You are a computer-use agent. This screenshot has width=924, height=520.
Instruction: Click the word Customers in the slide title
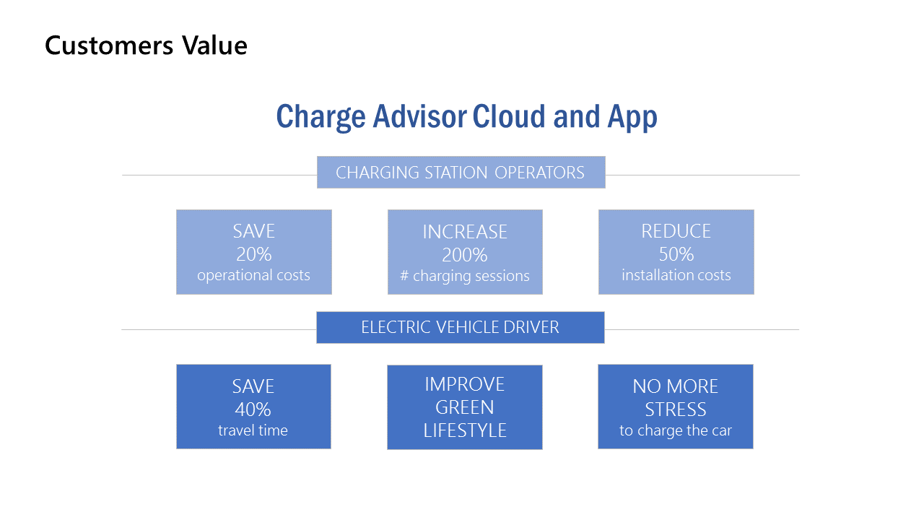tap(109, 45)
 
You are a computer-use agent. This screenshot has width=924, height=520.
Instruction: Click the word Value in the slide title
tap(215, 45)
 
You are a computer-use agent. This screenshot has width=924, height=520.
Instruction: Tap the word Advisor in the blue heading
tap(419, 116)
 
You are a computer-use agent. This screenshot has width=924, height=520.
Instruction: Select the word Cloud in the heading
tap(510, 116)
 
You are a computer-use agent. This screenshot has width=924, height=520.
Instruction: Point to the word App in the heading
tap(632, 118)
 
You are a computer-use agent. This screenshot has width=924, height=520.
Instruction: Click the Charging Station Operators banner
tap(461, 172)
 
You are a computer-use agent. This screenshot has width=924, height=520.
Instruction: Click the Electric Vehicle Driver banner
tap(461, 327)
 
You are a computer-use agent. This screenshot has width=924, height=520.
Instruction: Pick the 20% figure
tap(253, 254)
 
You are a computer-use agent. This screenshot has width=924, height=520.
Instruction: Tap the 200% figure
tap(464, 255)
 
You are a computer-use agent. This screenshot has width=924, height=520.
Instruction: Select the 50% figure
tap(676, 254)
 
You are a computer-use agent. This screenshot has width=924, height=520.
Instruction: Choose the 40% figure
tap(253, 409)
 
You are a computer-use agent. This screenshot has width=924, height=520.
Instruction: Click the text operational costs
tap(253, 275)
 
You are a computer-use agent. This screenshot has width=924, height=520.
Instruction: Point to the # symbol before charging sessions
tap(404, 276)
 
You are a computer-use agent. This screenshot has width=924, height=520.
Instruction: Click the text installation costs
tap(676, 275)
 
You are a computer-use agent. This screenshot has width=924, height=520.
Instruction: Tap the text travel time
tap(253, 430)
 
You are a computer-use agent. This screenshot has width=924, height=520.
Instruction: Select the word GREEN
tap(464, 408)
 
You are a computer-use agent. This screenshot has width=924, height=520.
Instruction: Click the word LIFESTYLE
tap(465, 430)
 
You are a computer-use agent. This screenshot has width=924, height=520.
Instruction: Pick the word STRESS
tap(676, 409)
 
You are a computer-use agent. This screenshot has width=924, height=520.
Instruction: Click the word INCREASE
tap(465, 232)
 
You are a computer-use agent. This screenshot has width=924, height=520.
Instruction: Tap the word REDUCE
tap(676, 231)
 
